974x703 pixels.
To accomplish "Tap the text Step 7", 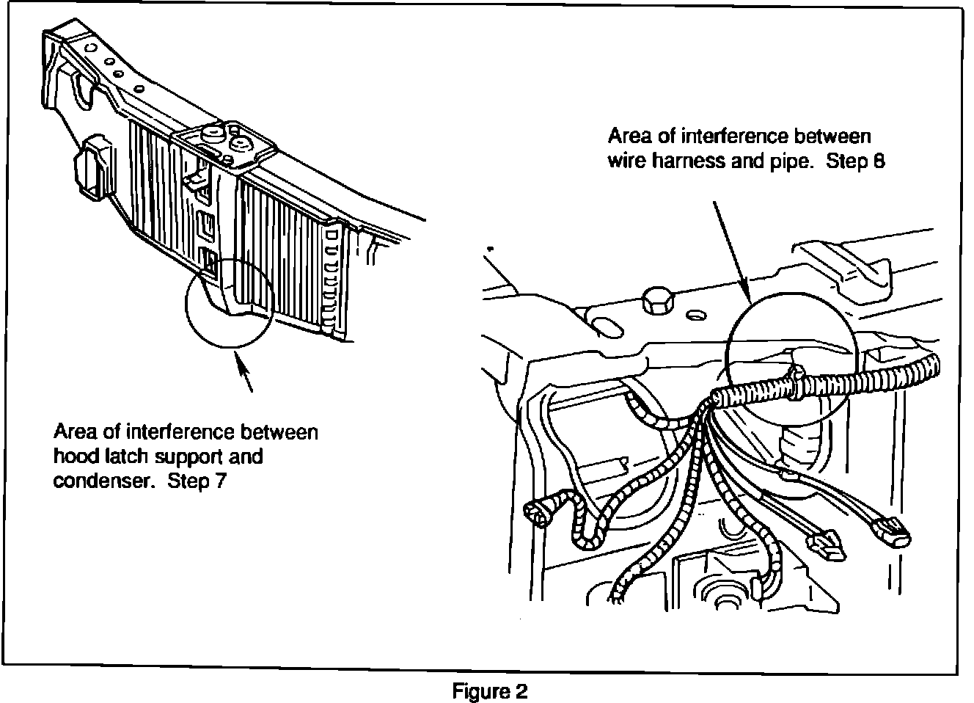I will [x=196, y=481].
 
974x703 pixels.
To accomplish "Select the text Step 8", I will [x=855, y=161].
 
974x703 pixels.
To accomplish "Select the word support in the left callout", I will [x=181, y=456].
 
